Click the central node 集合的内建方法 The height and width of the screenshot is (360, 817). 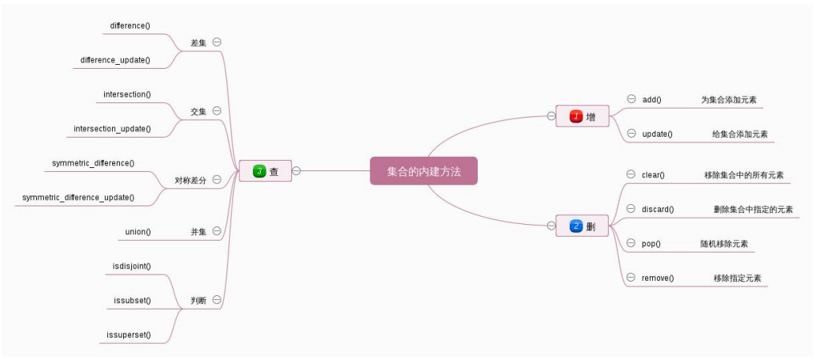(x=423, y=170)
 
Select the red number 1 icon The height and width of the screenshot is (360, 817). (x=575, y=117)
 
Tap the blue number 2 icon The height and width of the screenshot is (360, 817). (x=575, y=226)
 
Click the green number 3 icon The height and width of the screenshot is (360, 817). (x=258, y=170)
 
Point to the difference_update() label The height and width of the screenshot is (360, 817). (x=115, y=60)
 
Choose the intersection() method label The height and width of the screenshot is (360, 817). (x=127, y=94)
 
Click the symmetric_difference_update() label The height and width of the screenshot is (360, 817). (x=78, y=197)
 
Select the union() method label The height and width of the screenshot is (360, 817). (x=138, y=231)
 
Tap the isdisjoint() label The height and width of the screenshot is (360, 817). (x=132, y=266)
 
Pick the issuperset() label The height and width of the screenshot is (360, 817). (x=129, y=334)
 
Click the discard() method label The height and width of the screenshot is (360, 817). (x=658, y=209)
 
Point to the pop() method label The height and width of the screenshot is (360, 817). (x=651, y=243)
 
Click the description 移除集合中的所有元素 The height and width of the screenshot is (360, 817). (x=743, y=174)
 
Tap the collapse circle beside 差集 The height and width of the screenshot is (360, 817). (x=217, y=42)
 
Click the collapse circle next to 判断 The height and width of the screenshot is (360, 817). (x=217, y=300)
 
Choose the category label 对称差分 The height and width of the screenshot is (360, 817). (x=190, y=180)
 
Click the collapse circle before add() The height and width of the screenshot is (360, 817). (x=631, y=99)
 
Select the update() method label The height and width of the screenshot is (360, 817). (x=657, y=134)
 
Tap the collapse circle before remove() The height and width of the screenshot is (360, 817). (x=631, y=278)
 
